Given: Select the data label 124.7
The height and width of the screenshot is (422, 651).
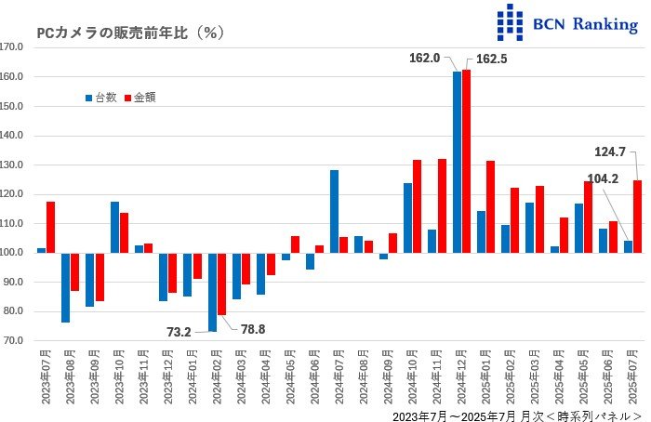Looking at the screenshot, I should [609, 151].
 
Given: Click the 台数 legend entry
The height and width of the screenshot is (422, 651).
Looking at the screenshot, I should [100, 97].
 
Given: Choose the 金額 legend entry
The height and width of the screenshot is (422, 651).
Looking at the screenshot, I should [139, 97].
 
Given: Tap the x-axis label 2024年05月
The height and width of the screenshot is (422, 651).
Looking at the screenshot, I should [287, 380].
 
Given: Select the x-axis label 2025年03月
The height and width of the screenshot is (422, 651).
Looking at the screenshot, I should [530, 380].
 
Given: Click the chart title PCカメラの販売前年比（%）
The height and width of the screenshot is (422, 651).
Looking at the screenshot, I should [130, 33].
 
